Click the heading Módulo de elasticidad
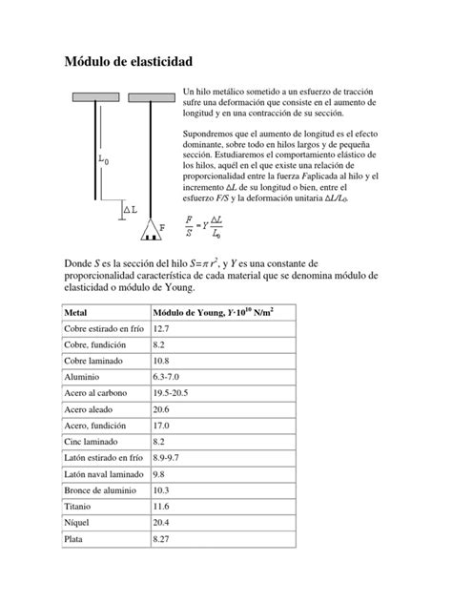pos(127,61)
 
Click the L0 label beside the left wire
pos(103,161)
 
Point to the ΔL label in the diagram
pos(130,208)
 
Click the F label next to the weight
pos(162,228)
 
